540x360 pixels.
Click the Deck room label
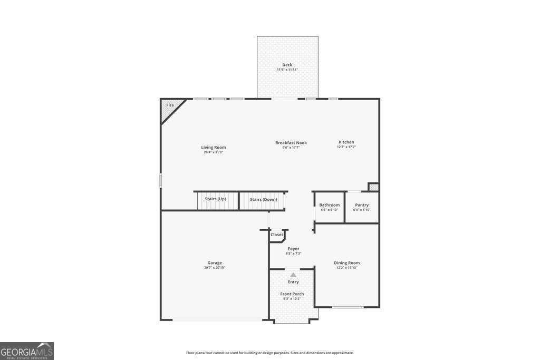click(287, 65)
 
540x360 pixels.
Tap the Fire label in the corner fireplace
click(170, 105)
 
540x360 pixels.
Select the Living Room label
click(213, 148)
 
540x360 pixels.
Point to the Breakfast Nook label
click(291, 143)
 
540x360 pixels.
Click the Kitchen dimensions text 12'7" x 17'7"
click(346, 147)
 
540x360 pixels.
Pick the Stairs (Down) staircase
click(263, 200)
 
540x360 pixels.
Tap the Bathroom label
click(329, 205)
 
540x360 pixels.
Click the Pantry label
click(362, 205)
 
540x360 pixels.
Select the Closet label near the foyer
click(276, 235)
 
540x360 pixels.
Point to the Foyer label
click(293, 249)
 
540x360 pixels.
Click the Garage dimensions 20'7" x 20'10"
click(214, 268)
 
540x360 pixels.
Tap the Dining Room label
click(346, 263)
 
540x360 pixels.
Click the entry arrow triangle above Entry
click(293, 275)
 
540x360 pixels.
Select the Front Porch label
click(292, 294)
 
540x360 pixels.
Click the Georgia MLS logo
click(27, 351)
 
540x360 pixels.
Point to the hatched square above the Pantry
click(373, 187)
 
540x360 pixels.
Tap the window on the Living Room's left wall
click(161, 180)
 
